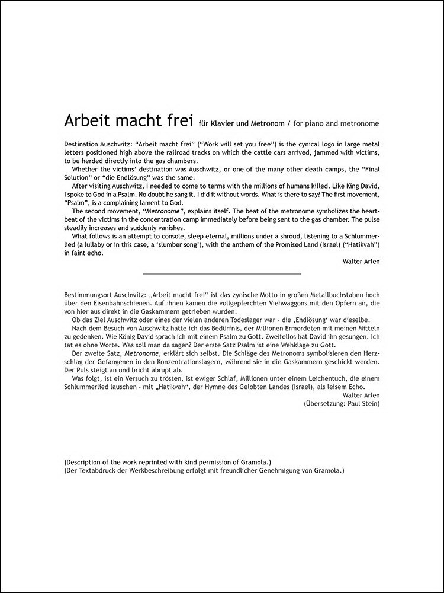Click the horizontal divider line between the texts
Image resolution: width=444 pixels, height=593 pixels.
click(x=222, y=273)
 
